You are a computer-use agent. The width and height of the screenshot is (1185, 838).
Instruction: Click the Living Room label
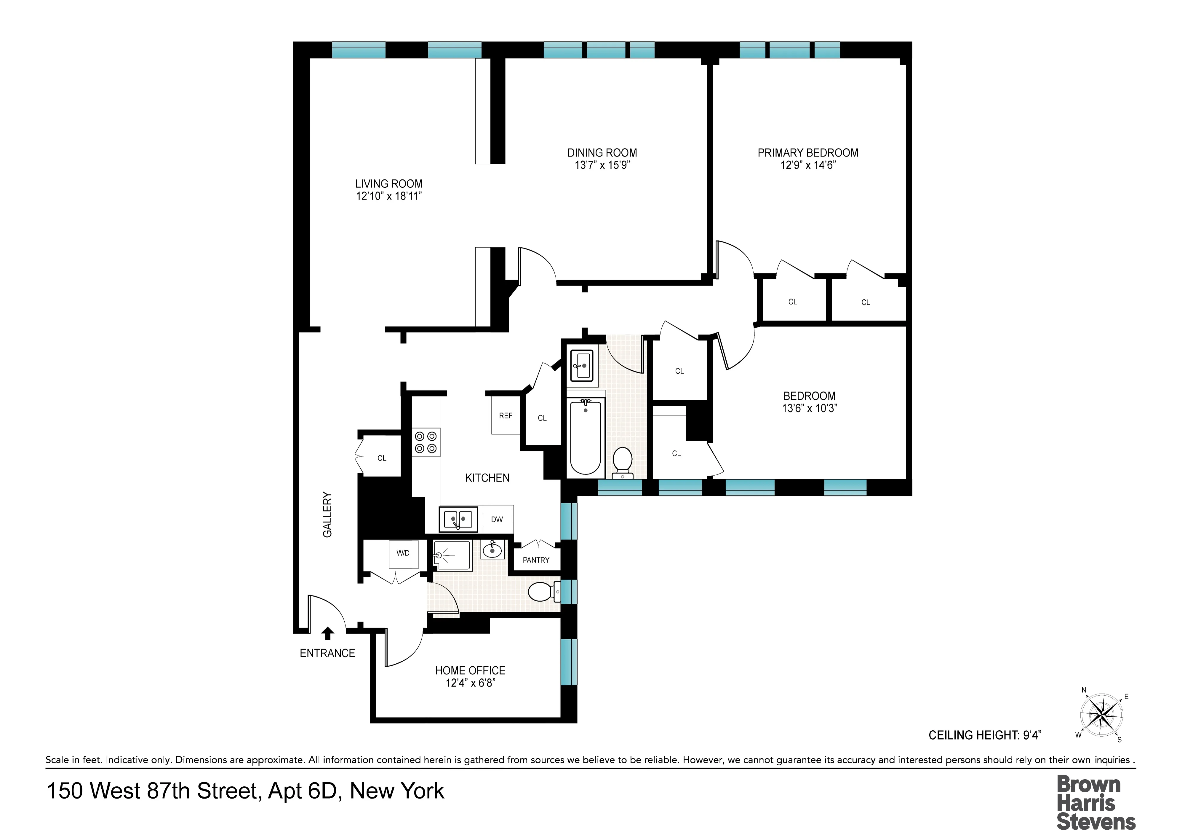coord(389,184)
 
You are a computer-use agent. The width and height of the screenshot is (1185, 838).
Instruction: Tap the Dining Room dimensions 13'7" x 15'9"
coord(602,165)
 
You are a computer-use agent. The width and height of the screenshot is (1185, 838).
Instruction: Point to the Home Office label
coord(470,670)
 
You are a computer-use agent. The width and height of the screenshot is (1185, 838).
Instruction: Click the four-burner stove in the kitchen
coord(426,442)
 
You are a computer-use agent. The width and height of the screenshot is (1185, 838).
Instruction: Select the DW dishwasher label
coord(497,520)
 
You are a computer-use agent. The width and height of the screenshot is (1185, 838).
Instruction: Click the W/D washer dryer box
coord(403,554)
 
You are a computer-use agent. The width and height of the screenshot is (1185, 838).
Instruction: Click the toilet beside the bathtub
coord(623,461)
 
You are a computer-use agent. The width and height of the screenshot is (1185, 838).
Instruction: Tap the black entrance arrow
coord(327,633)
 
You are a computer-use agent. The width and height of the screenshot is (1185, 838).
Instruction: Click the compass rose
coord(1101,716)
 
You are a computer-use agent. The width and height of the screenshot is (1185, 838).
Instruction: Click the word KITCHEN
coord(487,478)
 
